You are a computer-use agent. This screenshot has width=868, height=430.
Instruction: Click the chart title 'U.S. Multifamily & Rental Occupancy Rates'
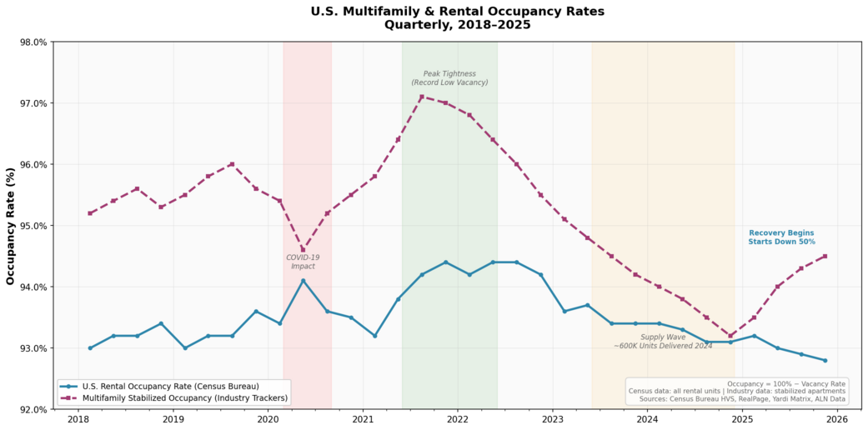coord(457,12)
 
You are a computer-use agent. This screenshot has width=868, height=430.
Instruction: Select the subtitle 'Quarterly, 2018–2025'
coord(457,25)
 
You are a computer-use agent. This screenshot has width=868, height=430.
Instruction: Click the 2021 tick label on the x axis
coord(363,420)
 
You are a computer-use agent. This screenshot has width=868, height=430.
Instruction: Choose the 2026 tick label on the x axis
coord(837,420)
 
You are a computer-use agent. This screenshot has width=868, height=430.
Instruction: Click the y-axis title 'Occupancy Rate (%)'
coord(11,225)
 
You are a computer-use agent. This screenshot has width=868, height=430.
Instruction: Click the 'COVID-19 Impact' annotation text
coord(303,262)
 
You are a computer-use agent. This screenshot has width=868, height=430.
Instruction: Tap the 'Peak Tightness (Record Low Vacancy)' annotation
coord(449,78)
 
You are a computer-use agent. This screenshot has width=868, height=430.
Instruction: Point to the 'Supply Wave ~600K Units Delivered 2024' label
coord(663,342)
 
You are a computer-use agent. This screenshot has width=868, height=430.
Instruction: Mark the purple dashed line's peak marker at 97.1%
coord(422,97)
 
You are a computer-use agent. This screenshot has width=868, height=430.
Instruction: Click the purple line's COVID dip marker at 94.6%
coord(303,250)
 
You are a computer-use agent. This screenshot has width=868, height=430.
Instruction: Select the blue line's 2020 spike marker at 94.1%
coord(303,281)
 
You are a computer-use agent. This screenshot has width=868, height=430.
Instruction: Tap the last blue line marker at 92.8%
coord(825,360)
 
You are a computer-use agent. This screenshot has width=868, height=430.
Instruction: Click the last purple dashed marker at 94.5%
coord(825,256)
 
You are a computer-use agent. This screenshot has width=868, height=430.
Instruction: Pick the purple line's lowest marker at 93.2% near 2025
coord(730,336)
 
